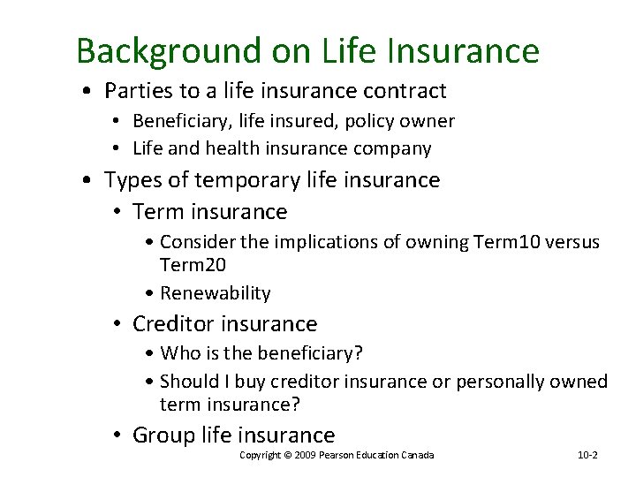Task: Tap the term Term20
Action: [x=193, y=265]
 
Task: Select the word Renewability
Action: [x=215, y=293]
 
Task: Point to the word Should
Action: [x=189, y=382]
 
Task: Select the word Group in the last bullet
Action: [x=163, y=435]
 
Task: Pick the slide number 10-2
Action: [x=587, y=455]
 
